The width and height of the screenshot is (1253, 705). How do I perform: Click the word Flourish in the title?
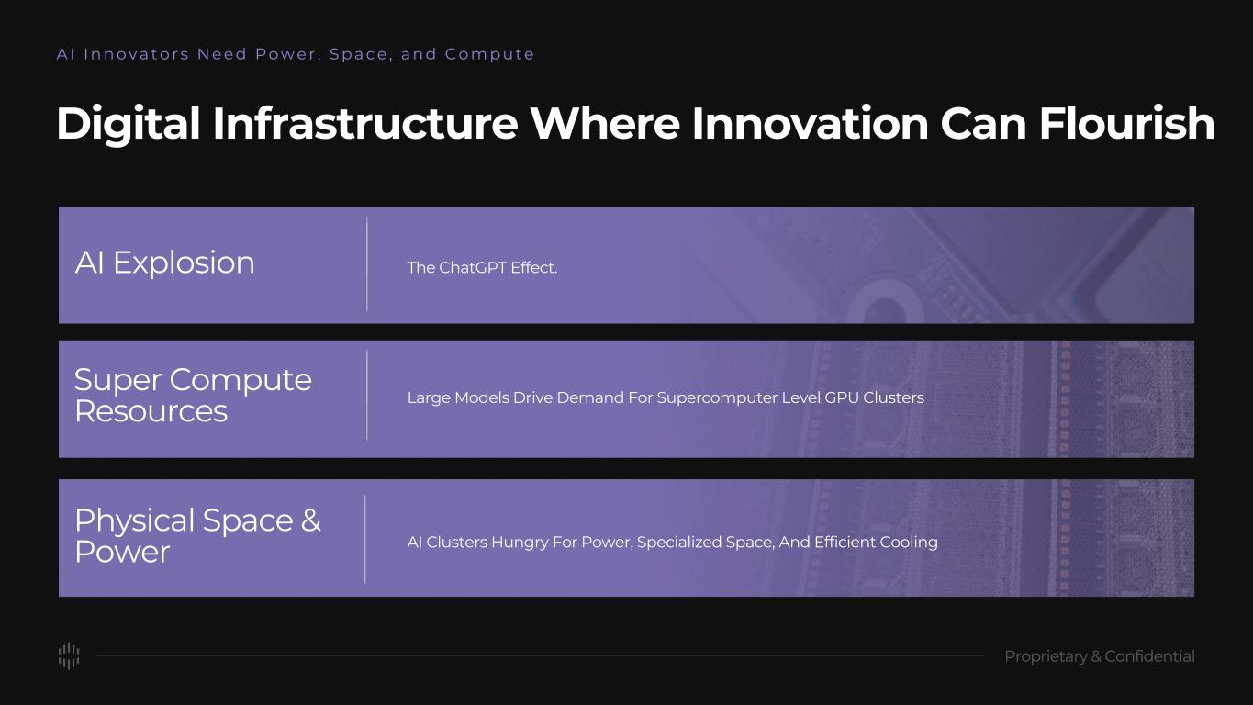(1126, 123)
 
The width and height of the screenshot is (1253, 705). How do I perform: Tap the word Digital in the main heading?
(129, 123)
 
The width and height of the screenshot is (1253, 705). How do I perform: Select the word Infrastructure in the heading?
(365, 123)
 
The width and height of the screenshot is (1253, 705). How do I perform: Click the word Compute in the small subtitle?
(489, 54)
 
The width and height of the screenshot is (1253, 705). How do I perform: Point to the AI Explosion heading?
(164, 263)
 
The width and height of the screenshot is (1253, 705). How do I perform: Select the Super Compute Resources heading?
(193, 396)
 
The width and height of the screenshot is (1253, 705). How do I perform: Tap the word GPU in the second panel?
(842, 397)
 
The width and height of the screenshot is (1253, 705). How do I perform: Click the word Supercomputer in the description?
(717, 397)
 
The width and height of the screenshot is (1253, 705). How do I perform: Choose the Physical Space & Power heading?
(197, 536)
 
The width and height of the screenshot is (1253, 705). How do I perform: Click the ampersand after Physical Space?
(310, 520)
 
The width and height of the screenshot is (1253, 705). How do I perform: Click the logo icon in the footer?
(69, 655)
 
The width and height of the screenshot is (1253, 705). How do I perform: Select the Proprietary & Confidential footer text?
(1100, 656)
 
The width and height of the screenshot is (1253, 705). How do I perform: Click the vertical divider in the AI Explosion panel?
(367, 264)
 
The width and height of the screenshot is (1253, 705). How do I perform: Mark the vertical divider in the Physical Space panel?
(365, 540)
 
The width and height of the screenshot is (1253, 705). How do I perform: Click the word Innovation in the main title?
(810, 123)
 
